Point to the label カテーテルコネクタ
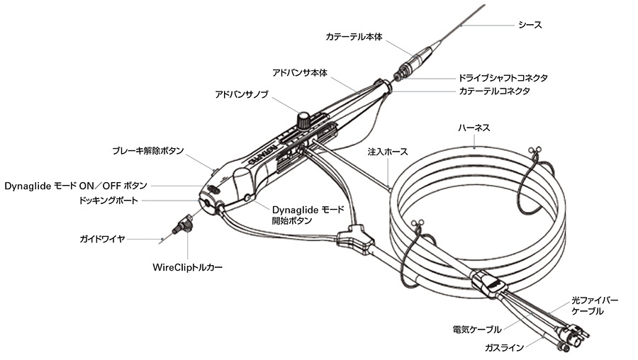495,91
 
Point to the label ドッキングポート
118,201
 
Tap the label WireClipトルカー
187,268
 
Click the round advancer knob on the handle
304,120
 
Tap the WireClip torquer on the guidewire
184,225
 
